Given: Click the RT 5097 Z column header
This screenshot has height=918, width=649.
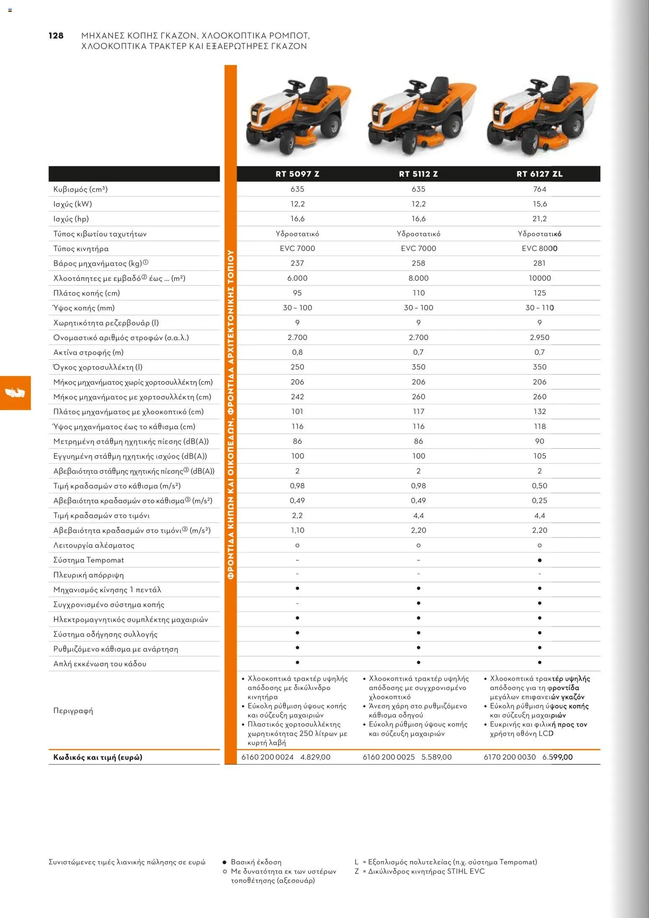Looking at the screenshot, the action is tap(297, 174).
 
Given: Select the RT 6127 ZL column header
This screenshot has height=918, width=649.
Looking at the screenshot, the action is tap(539, 174).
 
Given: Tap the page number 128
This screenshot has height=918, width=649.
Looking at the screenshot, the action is tap(56, 36).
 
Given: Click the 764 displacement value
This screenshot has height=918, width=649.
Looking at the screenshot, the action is tap(539, 189).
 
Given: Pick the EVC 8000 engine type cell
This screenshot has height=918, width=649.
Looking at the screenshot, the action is tap(539, 248).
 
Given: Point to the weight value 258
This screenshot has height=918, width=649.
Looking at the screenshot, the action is tap(418, 263).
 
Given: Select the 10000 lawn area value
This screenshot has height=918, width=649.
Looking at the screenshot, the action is tap(539, 278).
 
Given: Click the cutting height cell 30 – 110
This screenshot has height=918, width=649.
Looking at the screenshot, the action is tap(539, 308).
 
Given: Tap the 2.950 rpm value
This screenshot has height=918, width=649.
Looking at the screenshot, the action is tap(539, 338).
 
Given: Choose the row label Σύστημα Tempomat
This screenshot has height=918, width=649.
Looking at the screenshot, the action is tap(88, 560).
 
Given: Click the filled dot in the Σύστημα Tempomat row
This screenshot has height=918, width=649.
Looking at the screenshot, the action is tap(539, 560).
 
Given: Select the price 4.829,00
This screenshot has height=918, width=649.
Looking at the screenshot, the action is tap(315, 757).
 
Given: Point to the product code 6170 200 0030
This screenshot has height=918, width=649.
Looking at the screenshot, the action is tap(510, 757).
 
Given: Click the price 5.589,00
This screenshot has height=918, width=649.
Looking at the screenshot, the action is tap(436, 757).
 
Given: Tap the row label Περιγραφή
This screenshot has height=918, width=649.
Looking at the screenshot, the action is tap(73, 711).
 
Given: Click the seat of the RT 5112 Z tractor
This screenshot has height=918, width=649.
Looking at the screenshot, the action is tap(439, 88).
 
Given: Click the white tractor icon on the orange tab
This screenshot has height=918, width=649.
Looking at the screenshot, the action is tap(15, 393).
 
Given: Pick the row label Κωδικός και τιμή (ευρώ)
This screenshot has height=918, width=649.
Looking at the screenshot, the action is tap(98, 757).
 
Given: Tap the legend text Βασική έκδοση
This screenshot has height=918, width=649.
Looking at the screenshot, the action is tap(256, 862).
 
